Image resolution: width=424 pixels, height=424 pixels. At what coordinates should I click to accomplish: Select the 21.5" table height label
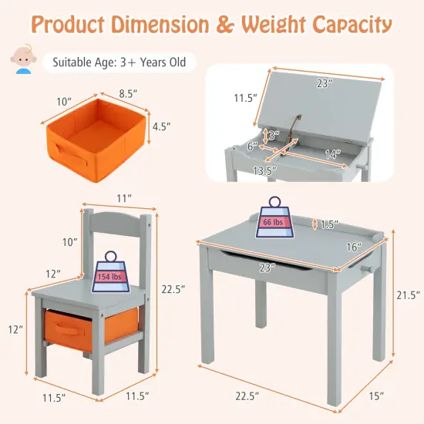[408, 295]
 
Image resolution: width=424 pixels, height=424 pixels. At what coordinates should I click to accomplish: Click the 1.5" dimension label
[329, 224]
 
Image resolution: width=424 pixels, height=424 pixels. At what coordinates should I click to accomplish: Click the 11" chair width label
[124, 199]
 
